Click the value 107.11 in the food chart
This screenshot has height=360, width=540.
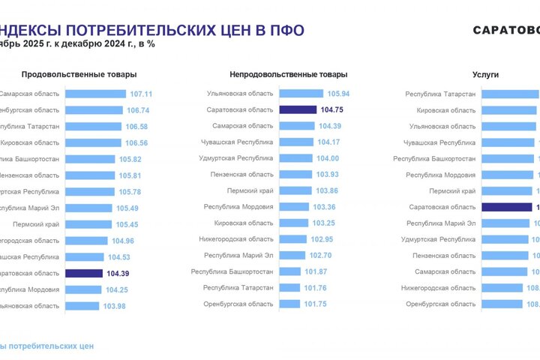click(x=141, y=94)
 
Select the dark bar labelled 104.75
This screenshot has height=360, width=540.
click(x=296, y=109)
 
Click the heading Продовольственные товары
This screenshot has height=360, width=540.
click(x=79, y=75)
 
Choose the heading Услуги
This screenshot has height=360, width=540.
click(x=485, y=75)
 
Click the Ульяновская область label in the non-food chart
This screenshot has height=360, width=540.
click(x=240, y=94)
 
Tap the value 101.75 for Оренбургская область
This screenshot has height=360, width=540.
click(x=316, y=304)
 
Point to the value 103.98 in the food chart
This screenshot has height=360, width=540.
click(x=115, y=306)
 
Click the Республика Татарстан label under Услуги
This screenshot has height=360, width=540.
click(x=440, y=94)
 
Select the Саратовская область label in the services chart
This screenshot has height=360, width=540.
click(x=442, y=207)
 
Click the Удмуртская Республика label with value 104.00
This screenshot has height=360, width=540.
click(x=237, y=158)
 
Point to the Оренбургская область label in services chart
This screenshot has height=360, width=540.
click(x=440, y=304)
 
